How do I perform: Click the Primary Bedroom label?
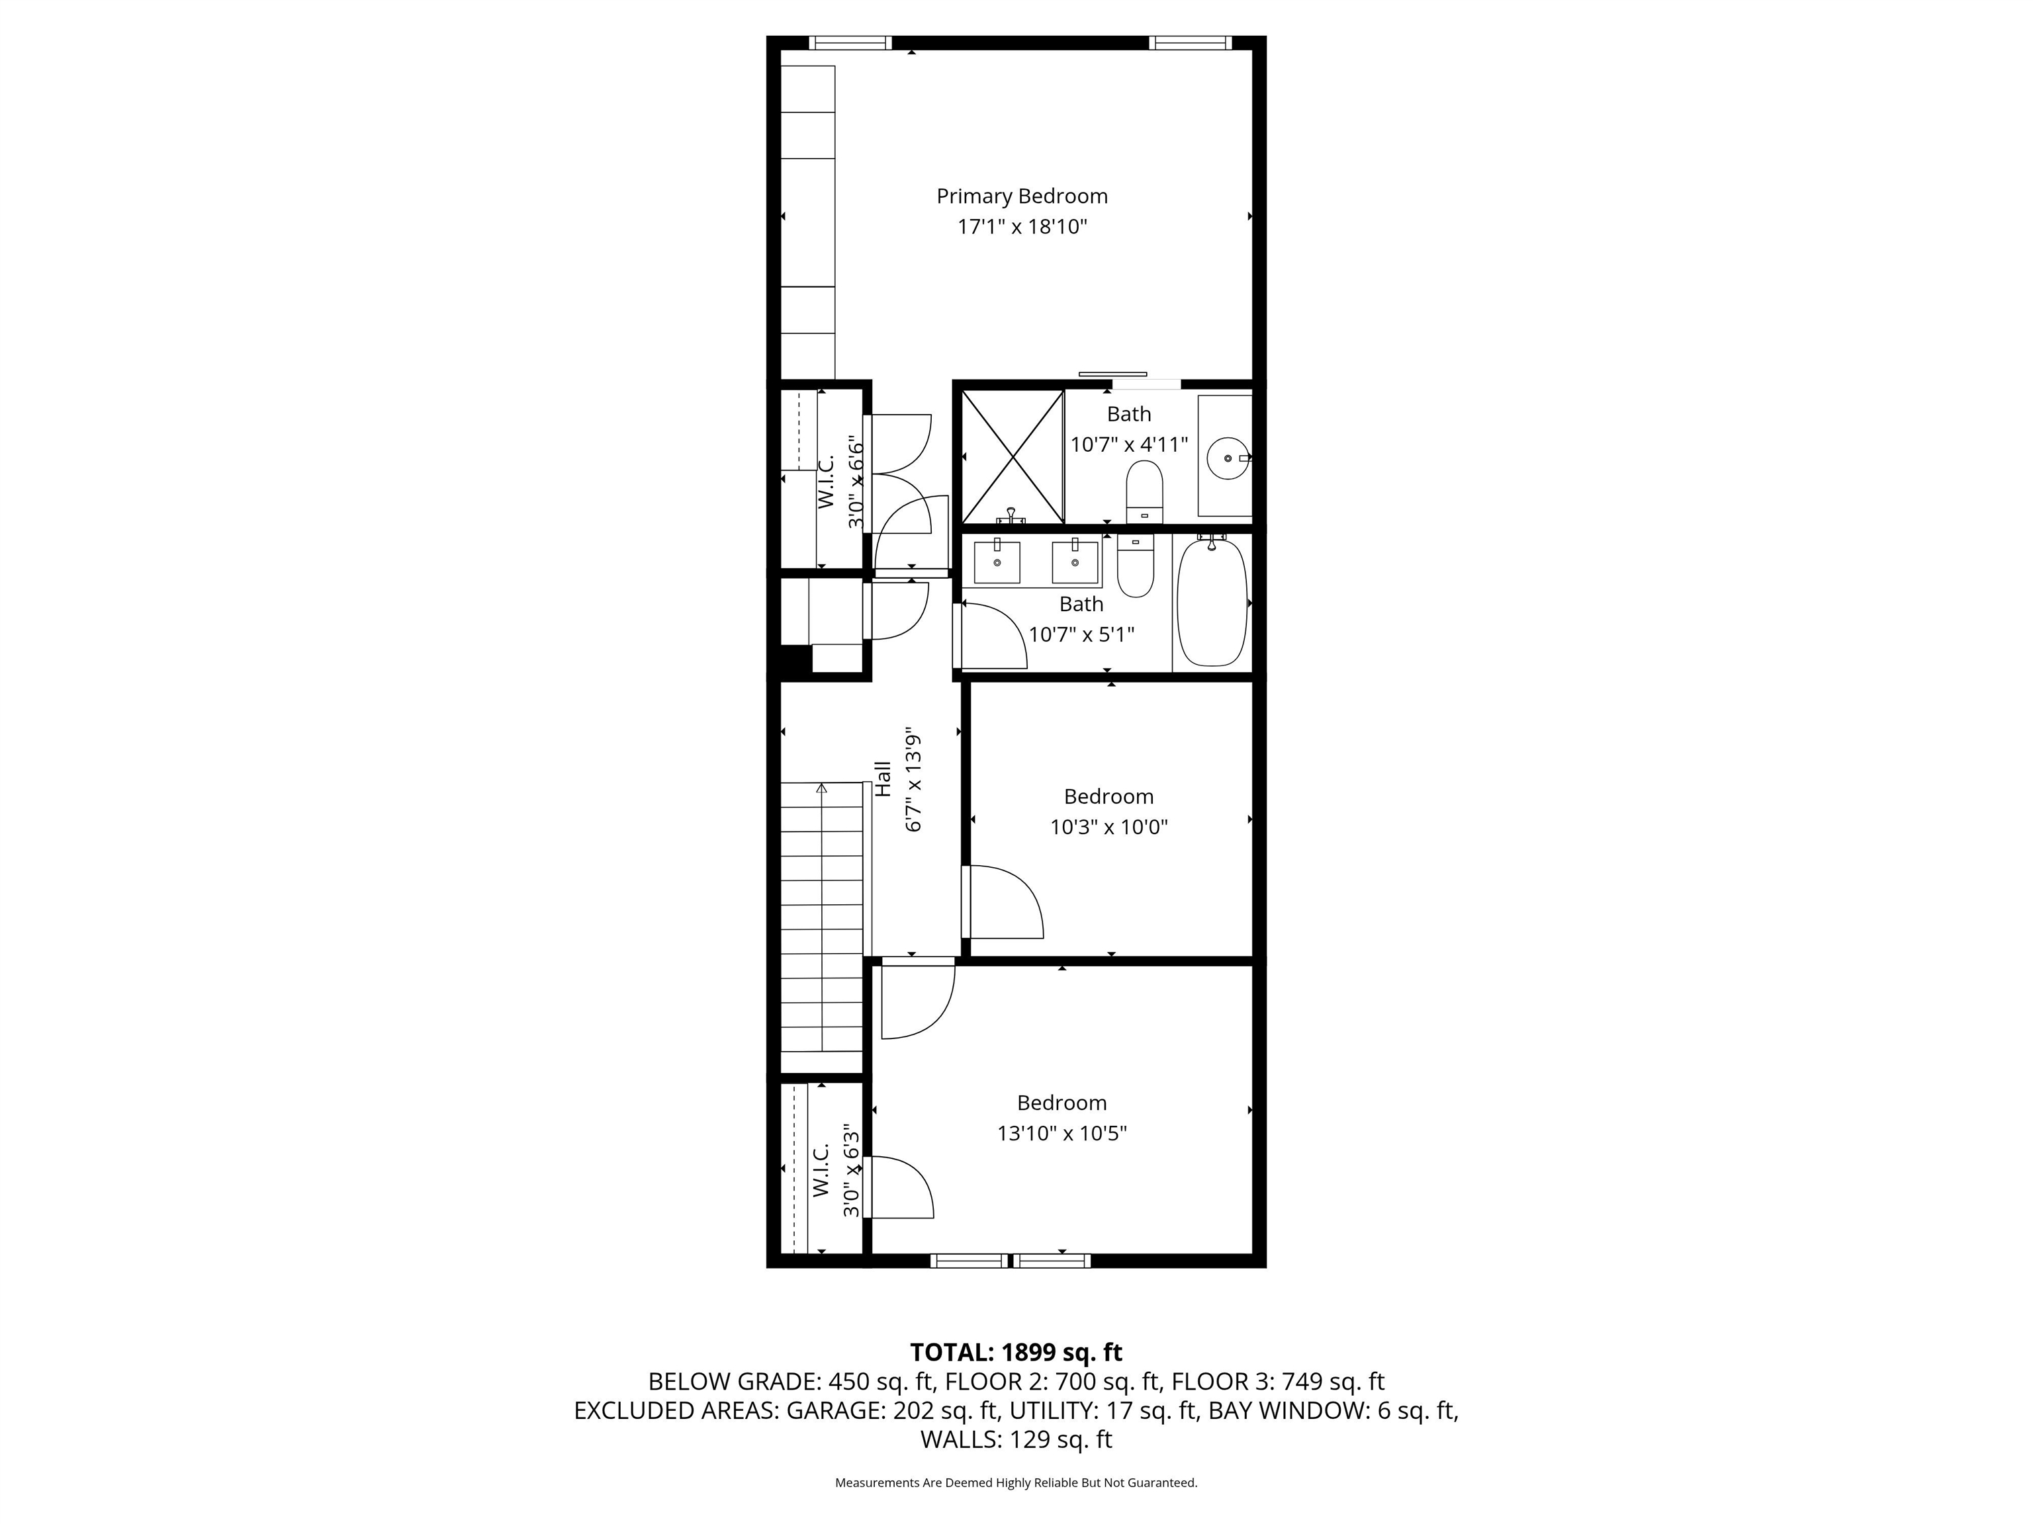[x=1022, y=196]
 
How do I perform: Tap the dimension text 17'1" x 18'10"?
[x=1022, y=227]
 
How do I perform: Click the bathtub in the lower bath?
[x=1212, y=602]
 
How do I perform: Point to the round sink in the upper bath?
[x=1226, y=456]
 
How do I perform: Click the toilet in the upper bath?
[x=1144, y=491]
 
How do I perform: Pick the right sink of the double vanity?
[x=1074, y=562]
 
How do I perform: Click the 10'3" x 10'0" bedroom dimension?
[x=1108, y=827]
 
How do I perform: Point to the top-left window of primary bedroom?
[x=850, y=42]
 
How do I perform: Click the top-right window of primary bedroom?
[x=1190, y=42]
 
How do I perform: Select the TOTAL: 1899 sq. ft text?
[x=1016, y=1352]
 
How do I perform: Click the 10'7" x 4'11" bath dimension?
[x=1128, y=444]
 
